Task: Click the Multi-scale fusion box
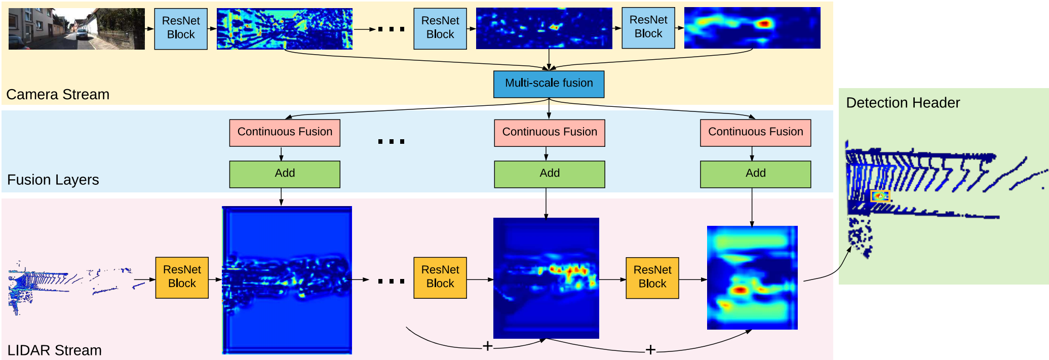click(x=549, y=84)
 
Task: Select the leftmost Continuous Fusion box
click(x=284, y=132)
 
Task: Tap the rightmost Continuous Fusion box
click(x=755, y=132)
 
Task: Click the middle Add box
click(x=549, y=174)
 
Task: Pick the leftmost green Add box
click(x=284, y=174)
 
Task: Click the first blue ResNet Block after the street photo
click(x=180, y=28)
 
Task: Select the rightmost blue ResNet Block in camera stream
click(x=648, y=27)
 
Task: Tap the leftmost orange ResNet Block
click(x=181, y=277)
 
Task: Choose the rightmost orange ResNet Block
click(x=652, y=277)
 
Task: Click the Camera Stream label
click(x=58, y=95)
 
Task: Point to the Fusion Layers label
click(x=53, y=180)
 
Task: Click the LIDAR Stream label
click(x=54, y=350)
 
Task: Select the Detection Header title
click(x=903, y=103)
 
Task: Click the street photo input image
click(x=76, y=28)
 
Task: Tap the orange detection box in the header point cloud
click(x=880, y=196)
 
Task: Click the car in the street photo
click(x=82, y=34)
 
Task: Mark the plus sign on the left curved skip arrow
click(x=487, y=346)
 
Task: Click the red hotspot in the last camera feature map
click(x=764, y=23)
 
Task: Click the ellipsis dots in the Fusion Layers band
click(x=391, y=141)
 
